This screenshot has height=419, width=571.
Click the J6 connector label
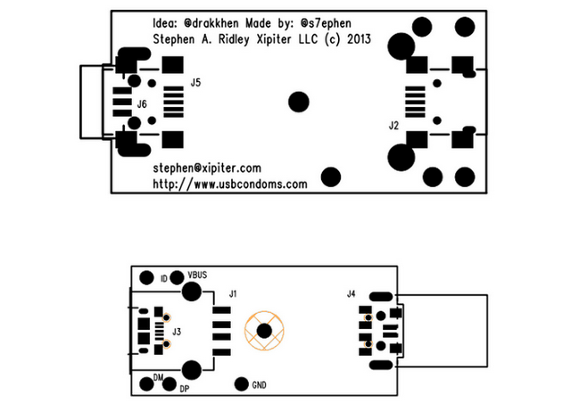pyautogui.click(x=141, y=104)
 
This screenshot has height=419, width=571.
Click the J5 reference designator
pyautogui.click(x=195, y=83)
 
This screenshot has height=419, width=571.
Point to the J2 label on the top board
pyautogui.click(x=393, y=126)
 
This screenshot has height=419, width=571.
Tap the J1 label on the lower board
pyautogui.click(x=233, y=293)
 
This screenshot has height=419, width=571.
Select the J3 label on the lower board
pyautogui.click(x=177, y=332)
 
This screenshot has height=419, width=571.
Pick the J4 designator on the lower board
pyautogui.click(x=351, y=293)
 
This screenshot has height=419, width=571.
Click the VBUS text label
pyautogui.click(x=198, y=275)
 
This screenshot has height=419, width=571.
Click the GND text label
pyautogui.click(x=260, y=386)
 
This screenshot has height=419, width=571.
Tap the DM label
pyautogui.click(x=159, y=379)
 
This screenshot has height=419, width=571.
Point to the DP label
pyautogui.click(x=185, y=390)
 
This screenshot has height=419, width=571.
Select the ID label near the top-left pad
pyautogui.click(x=163, y=279)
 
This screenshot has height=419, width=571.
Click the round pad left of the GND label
pyautogui.click(x=240, y=385)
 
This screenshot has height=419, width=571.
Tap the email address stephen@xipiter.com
pyautogui.click(x=207, y=168)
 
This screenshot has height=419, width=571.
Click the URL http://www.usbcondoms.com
pyautogui.click(x=230, y=185)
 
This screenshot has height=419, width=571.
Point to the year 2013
pyautogui.click(x=358, y=39)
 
